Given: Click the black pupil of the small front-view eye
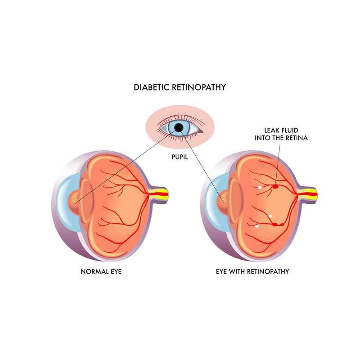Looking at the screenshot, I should click(x=179, y=128).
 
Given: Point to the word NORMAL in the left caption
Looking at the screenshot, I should click(x=93, y=272).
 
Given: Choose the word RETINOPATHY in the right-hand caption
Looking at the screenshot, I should click(x=267, y=272).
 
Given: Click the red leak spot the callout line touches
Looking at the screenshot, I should click(x=275, y=186).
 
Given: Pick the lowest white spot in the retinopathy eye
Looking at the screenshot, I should click(x=257, y=226).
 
